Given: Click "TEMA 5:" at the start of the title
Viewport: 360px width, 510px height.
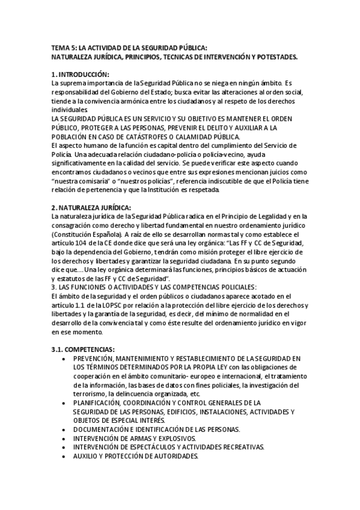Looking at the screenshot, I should pos(64,48).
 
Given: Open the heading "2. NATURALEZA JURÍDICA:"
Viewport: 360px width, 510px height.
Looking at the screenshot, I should pos(91,207).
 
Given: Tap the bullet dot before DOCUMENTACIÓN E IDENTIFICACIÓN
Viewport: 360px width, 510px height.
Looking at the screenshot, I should pos(65,429).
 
